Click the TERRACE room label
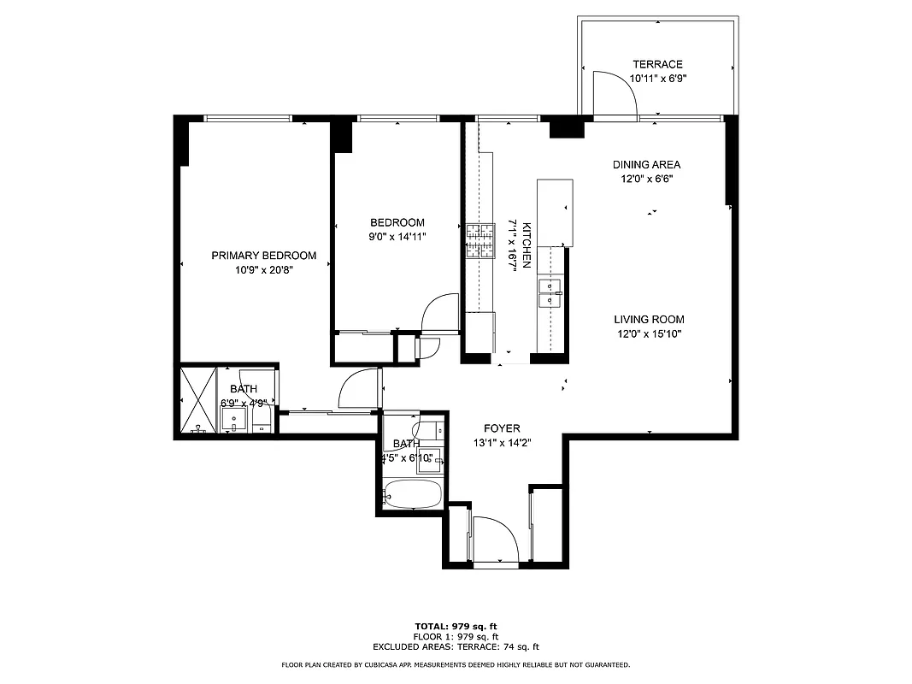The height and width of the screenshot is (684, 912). (x=657, y=64)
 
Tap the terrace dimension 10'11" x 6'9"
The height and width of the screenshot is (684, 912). (x=657, y=78)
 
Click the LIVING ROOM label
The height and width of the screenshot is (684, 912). (x=649, y=320)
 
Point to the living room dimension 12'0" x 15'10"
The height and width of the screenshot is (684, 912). (x=649, y=334)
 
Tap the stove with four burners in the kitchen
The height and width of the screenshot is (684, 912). (x=480, y=240)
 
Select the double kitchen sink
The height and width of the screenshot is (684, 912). (x=550, y=292)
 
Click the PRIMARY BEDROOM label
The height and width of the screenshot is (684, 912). (x=264, y=256)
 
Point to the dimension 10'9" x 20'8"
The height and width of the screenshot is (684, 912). (x=264, y=270)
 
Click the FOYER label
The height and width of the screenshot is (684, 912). (x=502, y=428)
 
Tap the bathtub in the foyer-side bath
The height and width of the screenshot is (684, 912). (x=412, y=493)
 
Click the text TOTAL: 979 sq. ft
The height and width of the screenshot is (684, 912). (x=456, y=626)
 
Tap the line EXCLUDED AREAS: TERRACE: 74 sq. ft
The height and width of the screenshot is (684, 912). (x=456, y=647)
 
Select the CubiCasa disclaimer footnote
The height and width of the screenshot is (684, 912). (x=456, y=664)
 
